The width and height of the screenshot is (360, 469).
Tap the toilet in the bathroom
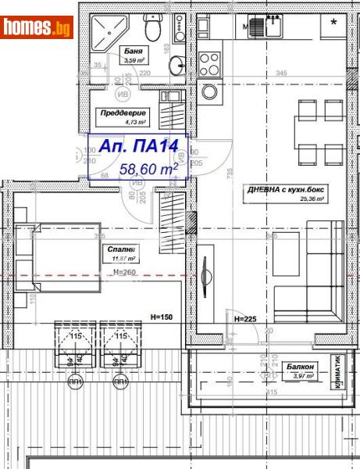(x=156, y=30)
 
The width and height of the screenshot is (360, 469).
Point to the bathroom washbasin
(x=179, y=63)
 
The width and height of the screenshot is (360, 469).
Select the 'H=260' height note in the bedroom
(x=125, y=271)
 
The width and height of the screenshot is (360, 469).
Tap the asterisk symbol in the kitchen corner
(x=333, y=23)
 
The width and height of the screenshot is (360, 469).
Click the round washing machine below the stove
(x=209, y=91)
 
